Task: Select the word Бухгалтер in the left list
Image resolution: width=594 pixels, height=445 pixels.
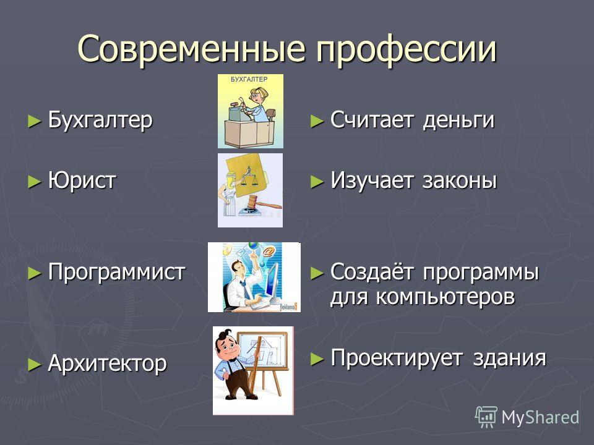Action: (x=100, y=120)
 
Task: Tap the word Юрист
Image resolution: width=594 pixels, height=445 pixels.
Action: (x=82, y=180)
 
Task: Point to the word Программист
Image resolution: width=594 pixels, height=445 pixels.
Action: (x=117, y=273)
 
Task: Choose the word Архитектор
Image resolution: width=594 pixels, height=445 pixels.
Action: (x=107, y=363)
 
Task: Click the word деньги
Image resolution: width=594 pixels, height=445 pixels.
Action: (x=458, y=121)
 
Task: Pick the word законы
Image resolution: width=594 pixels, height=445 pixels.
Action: (x=459, y=180)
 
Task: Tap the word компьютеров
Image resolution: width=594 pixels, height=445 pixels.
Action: (x=445, y=297)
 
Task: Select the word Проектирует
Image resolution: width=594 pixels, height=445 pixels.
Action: (x=396, y=358)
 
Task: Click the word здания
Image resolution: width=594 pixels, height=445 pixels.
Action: (x=509, y=358)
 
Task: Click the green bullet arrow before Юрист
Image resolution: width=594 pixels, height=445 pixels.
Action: (x=34, y=181)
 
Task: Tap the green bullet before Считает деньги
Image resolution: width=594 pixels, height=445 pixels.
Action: (x=317, y=122)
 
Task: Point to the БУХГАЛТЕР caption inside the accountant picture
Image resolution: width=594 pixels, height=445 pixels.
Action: (x=249, y=79)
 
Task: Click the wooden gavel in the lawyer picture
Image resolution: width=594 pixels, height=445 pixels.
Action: (x=261, y=205)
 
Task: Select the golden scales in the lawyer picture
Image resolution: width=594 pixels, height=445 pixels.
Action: (x=249, y=177)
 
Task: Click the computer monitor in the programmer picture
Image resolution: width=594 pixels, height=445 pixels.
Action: (x=272, y=282)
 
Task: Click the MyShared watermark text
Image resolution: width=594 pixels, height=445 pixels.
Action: (x=540, y=417)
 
